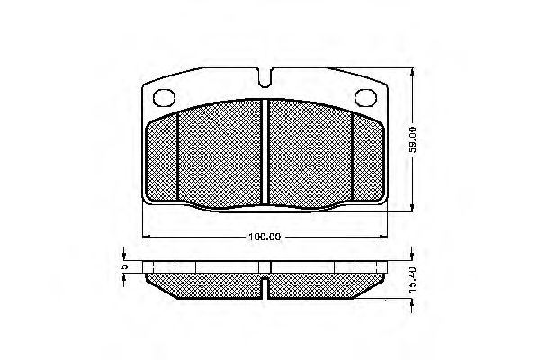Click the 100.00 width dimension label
pos(265,237)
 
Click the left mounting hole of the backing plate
pos(165,97)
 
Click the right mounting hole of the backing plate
pos(367,97)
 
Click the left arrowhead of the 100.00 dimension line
pos(146,237)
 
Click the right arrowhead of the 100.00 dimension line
pos(388,237)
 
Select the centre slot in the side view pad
pos(266,286)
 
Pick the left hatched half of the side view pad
pos(207,285)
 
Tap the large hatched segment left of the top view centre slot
pos(220,153)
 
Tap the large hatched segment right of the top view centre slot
pos(310,153)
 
